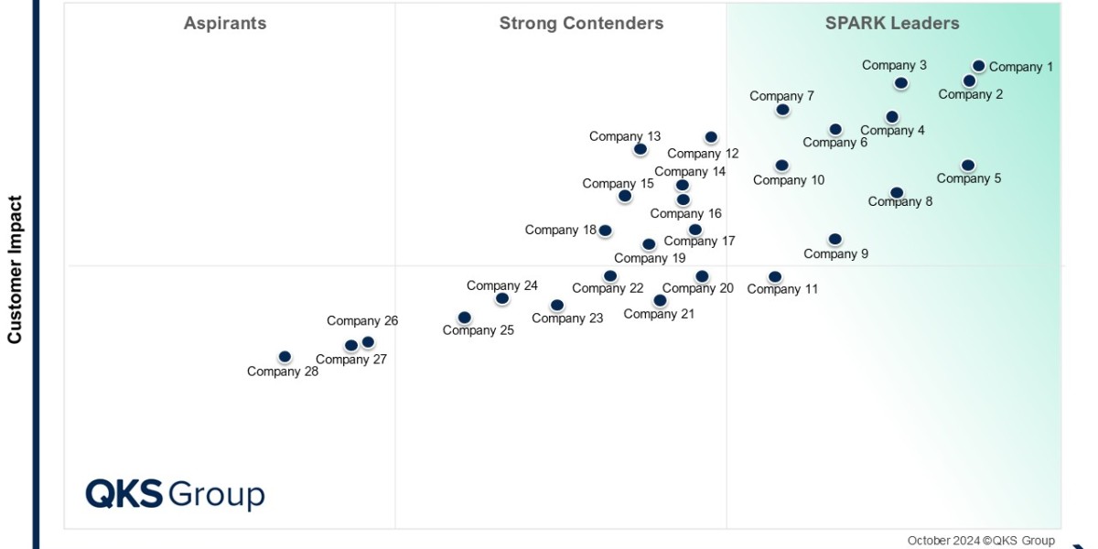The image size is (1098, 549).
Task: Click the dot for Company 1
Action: pyautogui.click(x=978, y=66)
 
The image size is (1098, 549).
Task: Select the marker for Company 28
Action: pyautogui.click(x=285, y=356)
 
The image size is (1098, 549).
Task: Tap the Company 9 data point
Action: pyautogui.click(x=834, y=239)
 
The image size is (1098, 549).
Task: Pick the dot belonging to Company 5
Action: pyautogui.click(x=968, y=166)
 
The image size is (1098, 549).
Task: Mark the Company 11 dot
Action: pyautogui.click(x=775, y=276)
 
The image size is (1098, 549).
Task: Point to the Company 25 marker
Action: pyautogui.click(x=464, y=318)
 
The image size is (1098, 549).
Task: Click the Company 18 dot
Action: pyautogui.click(x=605, y=231)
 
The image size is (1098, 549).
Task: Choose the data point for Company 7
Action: pyautogui.click(x=782, y=110)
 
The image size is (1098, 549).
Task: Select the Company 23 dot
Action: pyautogui.click(x=557, y=305)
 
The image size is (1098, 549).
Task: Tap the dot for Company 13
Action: pyautogui.click(x=640, y=149)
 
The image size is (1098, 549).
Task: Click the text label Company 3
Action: pyautogui.click(x=894, y=65)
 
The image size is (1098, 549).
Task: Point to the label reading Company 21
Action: pyautogui.click(x=659, y=314)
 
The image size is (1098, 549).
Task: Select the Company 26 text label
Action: pyautogui.click(x=362, y=321)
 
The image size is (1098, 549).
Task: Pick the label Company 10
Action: pyautogui.click(x=789, y=180)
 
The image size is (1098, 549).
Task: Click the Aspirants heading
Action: pyautogui.click(x=225, y=24)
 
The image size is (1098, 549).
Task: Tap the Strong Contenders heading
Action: pyautogui.click(x=581, y=24)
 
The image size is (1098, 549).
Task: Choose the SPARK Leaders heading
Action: pyautogui.click(x=892, y=24)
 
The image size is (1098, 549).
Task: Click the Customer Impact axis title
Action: pyautogui.click(x=15, y=269)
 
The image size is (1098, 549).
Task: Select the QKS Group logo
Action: pyautogui.click(x=175, y=494)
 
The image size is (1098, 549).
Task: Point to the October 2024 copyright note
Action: pyautogui.click(x=981, y=541)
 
